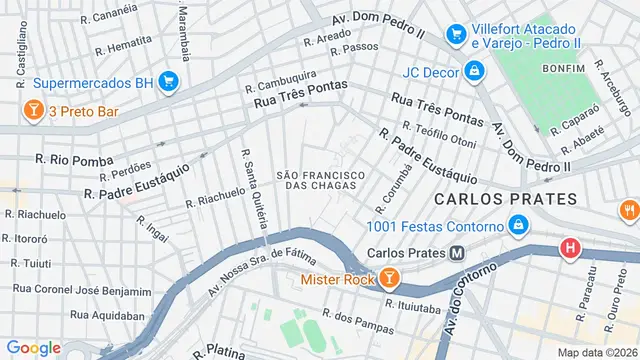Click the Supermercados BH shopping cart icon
[x=168, y=82]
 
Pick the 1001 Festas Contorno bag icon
[x=517, y=227]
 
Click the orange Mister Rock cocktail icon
[x=391, y=280]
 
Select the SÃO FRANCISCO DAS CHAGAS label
[x=321, y=180]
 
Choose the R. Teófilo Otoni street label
[x=438, y=133]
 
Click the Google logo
[x=34, y=347]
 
